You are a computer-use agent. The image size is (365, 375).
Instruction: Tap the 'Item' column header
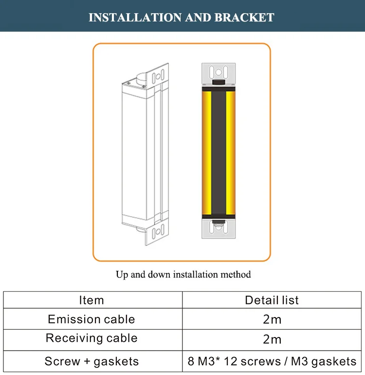point(91,300)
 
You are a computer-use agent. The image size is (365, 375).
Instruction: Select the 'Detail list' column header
point(272,300)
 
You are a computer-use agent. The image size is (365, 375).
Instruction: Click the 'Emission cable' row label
point(91,319)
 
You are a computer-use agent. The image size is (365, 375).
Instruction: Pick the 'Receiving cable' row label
point(91,338)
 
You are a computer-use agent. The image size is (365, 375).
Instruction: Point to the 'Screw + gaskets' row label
point(91,361)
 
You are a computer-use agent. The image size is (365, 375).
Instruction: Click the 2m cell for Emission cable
point(272,320)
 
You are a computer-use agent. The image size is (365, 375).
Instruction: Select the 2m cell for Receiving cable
point(272,339)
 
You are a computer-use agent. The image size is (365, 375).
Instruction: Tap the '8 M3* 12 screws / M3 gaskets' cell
point(272,361)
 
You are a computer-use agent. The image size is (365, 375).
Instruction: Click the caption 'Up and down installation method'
point(183,275)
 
